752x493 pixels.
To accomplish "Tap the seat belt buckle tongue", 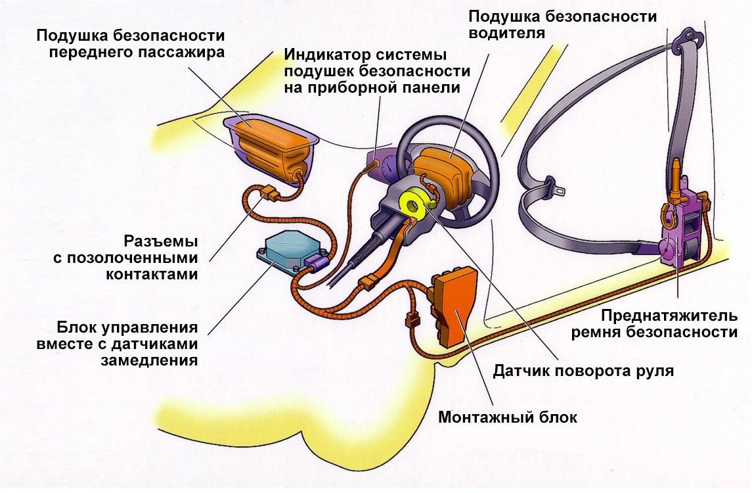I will point(559,191).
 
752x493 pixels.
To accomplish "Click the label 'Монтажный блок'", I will point(508,417).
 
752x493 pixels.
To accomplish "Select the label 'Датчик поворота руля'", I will point(583,370).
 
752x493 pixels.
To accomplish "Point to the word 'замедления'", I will point(150,360).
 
